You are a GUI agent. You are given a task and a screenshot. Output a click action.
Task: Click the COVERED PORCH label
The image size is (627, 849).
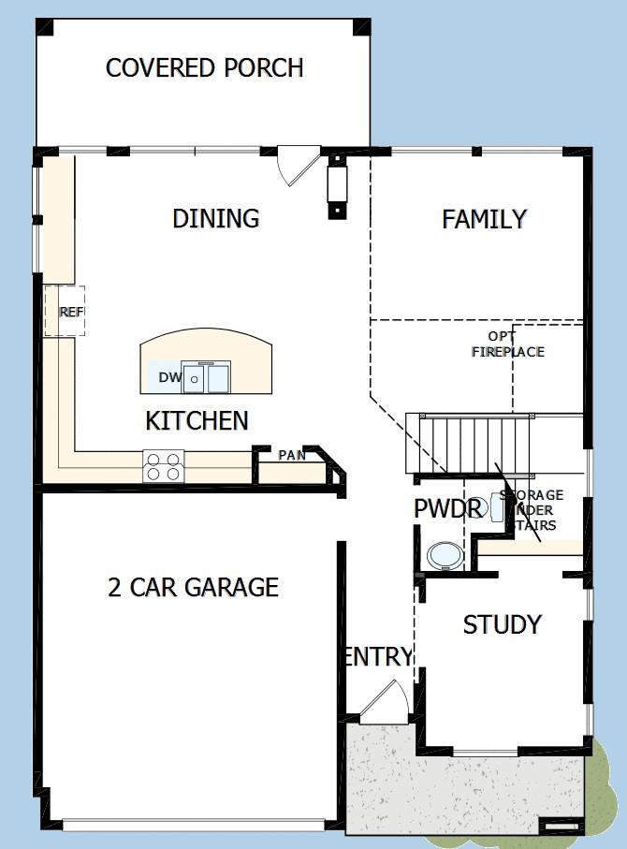[x=204, y=68]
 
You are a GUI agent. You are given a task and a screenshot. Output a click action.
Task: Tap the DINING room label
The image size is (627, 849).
[x=215, y=219]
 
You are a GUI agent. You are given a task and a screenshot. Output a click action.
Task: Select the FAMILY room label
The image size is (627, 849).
[x=484, y=219]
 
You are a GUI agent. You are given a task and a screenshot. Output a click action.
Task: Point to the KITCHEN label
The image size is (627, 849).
[x=197, y=421]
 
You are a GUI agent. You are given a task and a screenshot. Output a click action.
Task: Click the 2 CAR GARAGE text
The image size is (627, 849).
[x=193, y=588]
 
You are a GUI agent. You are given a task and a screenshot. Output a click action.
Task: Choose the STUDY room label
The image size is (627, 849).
[x=502, y=624]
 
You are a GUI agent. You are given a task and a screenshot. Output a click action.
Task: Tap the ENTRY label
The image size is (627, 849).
[x=378, y=657]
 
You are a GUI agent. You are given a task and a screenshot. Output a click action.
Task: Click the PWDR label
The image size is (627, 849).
[x=447, y=509]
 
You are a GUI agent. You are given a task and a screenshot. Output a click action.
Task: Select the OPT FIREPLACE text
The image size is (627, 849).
[x=507, y=344]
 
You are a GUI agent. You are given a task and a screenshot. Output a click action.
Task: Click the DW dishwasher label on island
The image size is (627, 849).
[x=168, y=377]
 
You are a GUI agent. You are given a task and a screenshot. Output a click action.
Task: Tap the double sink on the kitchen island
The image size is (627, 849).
[x=206, y=377]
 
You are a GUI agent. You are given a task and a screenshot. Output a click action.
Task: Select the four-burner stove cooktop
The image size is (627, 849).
[x=162, y=465]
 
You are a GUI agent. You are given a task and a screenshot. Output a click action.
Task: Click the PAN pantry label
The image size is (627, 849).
[x=291, y=455]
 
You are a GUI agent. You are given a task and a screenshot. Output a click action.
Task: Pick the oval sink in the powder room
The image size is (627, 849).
[x=444, y=555]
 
